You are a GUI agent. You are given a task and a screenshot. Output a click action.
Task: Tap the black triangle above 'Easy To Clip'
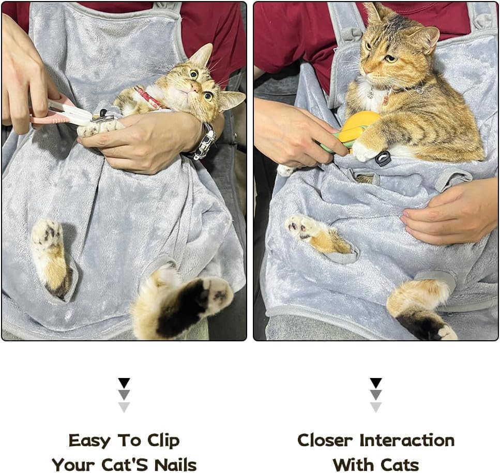(x=124, y=383)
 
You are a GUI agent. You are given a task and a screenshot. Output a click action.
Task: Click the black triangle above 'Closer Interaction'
(x=376, y=383)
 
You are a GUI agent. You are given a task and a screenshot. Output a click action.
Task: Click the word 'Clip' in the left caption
(x=163, y=440)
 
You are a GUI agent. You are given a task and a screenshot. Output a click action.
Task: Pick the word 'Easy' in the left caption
(x=89, y=440)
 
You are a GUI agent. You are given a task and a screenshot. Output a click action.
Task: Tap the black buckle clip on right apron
(x=383, y=159)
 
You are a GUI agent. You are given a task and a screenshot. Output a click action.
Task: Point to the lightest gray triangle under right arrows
(x=376, y=407)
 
